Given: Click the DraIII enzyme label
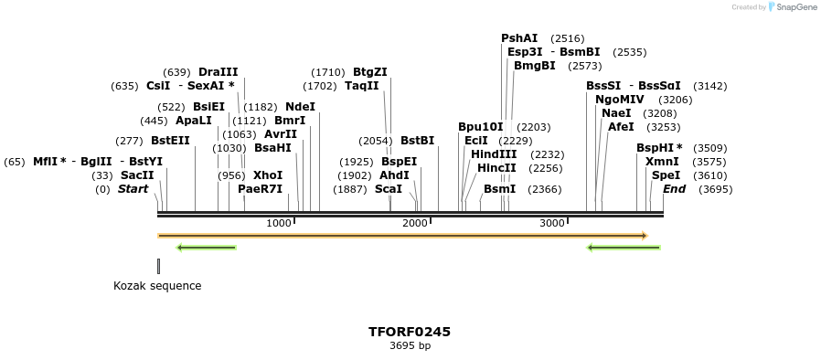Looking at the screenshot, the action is pos(218,72).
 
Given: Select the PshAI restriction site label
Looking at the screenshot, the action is pos(519,38).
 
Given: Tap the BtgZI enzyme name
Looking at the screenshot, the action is pos(370,72).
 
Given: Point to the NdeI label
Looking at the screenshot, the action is pos(300,106).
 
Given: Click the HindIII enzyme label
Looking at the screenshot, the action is pos(494,154).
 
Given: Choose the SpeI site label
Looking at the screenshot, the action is pos(666,175).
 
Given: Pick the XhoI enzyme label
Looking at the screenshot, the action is pos(268,175).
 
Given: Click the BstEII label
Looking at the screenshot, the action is pos(170,141).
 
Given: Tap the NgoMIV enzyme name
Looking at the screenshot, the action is pos(620,100).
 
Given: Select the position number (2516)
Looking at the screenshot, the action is pos(567,38).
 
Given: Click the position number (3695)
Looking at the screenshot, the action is pos(715,189).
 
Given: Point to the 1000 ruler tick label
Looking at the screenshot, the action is pos(279,224).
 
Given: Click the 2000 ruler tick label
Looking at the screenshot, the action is pos(415,224).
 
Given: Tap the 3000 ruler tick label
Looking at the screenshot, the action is pos(551,224).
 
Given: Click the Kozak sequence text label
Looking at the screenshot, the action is pos(157,286).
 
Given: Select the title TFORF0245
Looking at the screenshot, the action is pos(410,332).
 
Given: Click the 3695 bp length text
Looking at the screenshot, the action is pos(410,346).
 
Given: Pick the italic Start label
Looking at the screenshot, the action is pos(133,189).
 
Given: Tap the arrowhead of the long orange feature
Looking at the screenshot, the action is pos(645,236).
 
